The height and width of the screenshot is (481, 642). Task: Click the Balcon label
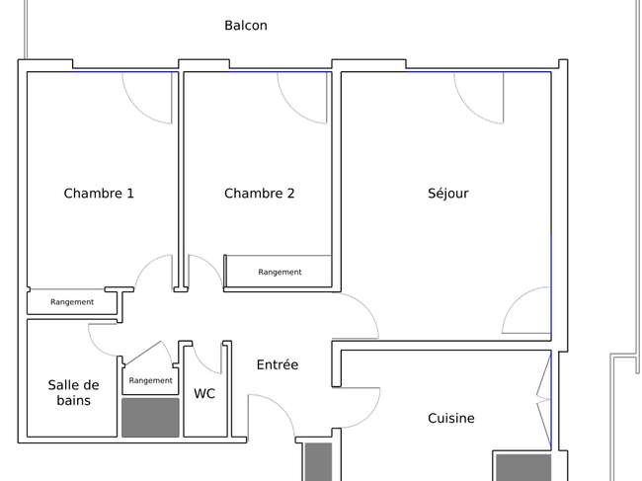tap(246, 26)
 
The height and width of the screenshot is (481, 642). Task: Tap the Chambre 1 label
tap(99, 194)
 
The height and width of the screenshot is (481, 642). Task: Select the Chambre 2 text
tap(259, 194)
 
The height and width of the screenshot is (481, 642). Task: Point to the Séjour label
tap(448, 194)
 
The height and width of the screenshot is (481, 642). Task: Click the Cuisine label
tap(451, 418)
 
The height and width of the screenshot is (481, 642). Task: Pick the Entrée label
tap(278, 364)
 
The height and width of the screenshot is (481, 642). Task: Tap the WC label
tap(204, 393)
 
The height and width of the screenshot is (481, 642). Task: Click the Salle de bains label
tap(73, 392)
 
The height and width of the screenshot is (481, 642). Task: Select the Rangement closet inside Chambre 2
tap(280, 272)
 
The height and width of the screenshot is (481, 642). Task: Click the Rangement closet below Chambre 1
tap(72, 301)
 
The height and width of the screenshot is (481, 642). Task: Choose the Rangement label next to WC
tap(151, 380)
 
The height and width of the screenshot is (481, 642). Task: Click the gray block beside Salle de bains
tap(150, 418)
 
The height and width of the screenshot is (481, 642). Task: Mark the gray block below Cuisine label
tap(523, 467)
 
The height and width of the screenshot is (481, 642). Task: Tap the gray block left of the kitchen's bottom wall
tap(318, 462)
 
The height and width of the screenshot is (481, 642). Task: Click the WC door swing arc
tap(203, 363)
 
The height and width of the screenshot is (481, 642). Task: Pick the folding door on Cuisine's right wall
tap(544, 399)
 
